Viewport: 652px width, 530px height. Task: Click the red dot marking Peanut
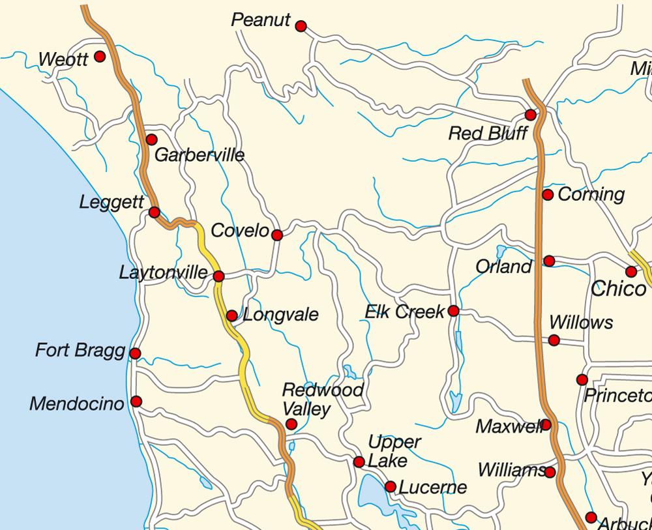[301, 26]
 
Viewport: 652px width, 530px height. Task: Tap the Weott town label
[63, 60]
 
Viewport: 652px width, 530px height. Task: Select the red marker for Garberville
[151, 140]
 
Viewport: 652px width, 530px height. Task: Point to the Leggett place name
[111, 203]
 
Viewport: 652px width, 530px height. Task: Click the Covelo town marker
[277, 235]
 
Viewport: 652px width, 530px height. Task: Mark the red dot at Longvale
[231, 316]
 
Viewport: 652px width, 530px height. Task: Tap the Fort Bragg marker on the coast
[135, 353]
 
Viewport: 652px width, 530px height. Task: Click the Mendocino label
[76, 404]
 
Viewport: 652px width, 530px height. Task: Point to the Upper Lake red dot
[359, 462]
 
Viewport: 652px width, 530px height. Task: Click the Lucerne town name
[432, 487]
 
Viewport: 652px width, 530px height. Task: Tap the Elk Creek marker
[453, 311]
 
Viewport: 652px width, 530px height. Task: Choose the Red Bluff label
[488, 134]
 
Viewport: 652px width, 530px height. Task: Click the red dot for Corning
[548, 195]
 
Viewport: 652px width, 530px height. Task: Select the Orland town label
[504, 267]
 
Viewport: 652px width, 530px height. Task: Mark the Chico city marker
[631, 271]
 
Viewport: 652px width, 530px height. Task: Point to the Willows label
[581, 323]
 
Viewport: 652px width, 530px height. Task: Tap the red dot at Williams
[550, 472]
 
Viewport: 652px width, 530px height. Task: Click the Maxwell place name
[510, 426]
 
